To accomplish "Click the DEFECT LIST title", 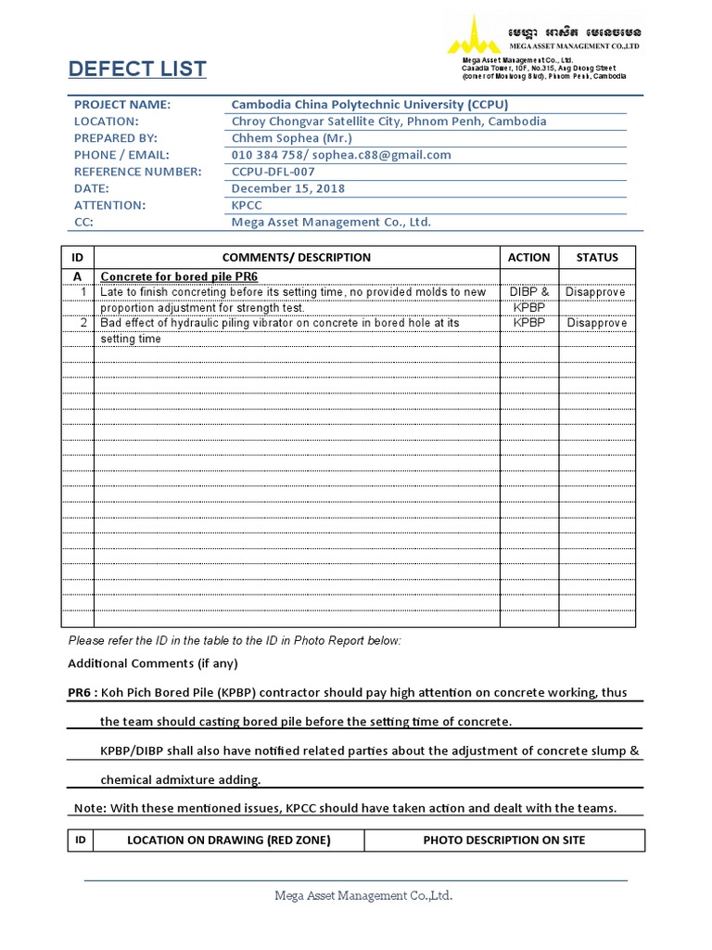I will pos(137,70).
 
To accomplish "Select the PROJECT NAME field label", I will pos(122,105).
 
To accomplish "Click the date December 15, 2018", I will pos(287,188).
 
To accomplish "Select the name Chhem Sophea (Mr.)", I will pos(292,138).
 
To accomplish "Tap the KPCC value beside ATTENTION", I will pos(248,205).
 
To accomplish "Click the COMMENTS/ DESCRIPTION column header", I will pos(297,258).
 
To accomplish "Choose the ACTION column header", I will pos(529,258).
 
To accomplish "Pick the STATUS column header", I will pos(597,258).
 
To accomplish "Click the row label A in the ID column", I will pos(78,276).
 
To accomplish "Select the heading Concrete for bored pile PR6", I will pos(179,276).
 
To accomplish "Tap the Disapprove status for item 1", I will pos(596,292).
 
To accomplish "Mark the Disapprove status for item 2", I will pos(596,324).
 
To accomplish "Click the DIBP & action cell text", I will pos(529,292).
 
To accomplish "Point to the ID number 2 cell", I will pos(83,324).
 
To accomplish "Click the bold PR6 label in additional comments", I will pos(81,693).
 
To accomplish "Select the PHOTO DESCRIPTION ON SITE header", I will pos(503,841).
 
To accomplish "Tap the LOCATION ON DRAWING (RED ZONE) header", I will pos(228,841).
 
